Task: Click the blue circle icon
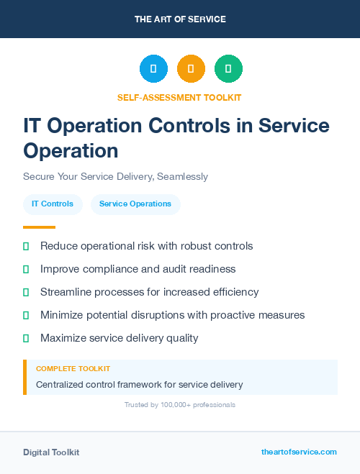[x=153, y=69]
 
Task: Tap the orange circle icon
[x=191, y=69]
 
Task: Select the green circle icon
[x=228, y=69]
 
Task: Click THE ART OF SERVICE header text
[x=180, y=19]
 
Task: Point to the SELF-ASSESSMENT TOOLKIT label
[x=179, y=97]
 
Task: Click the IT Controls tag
[x=53, y=204]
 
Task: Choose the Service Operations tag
[x=135, y=204]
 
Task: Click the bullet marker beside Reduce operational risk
[x=26, y=247]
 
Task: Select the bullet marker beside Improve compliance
[x=26, y=270]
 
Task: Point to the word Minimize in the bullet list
[x=63, y=315]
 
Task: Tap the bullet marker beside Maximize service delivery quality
[x=26, y=338]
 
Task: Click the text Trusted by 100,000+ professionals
[x=180, y=405]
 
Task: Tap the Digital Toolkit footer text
[x=51, y=452]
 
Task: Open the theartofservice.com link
[x=299, y=452]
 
